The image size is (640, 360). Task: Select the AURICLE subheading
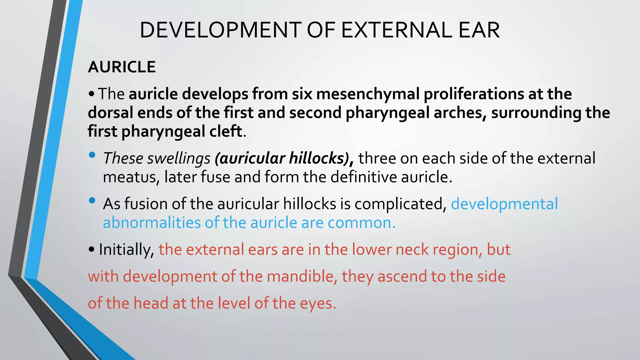122,67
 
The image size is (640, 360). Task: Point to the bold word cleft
226,131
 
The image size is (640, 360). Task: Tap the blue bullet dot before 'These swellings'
92,155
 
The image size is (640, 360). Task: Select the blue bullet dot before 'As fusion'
92,200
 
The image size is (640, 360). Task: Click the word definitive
363,177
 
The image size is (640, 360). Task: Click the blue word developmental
504,204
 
